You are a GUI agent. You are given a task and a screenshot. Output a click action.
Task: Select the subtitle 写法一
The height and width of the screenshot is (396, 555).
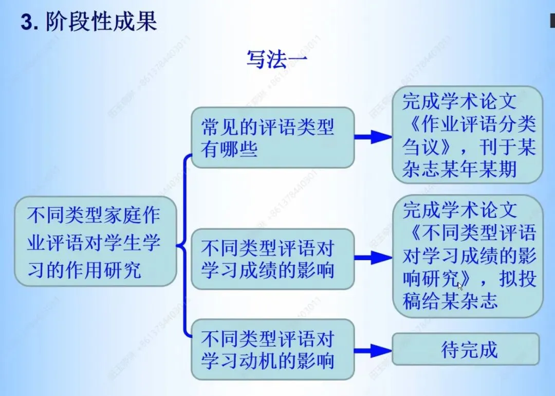pyautogui.click(x=277, y=60)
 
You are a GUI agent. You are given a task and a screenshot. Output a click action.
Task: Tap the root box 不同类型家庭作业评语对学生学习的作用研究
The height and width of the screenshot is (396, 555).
pyautogui.click(x=96, y=241)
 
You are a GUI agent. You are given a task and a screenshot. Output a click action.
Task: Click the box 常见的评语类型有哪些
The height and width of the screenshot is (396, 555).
pyautogui.click(x=272, y=137)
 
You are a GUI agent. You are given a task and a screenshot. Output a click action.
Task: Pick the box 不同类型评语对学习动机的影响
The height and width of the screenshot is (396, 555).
pyautogui.click(x=272, y=349)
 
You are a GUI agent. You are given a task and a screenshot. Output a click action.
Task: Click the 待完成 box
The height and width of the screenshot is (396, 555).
pyautogui.click(x=466, y=349)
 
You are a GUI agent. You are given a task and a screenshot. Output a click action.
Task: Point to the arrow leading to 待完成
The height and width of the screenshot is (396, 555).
pyautogui.click(x=373, y=351)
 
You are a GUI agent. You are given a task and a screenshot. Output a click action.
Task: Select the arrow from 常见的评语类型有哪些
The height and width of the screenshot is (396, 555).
pyautogui.click(x=373, y=137)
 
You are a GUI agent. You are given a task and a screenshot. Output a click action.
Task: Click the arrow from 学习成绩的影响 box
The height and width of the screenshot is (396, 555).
pyautogui.click(x=373, y=257)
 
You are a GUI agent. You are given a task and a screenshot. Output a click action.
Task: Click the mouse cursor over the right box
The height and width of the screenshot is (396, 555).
pyautogui.click(x=460, y=285)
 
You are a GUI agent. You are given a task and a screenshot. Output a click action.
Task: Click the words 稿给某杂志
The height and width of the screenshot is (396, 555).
pyautogui.click(x=450, y=301)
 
